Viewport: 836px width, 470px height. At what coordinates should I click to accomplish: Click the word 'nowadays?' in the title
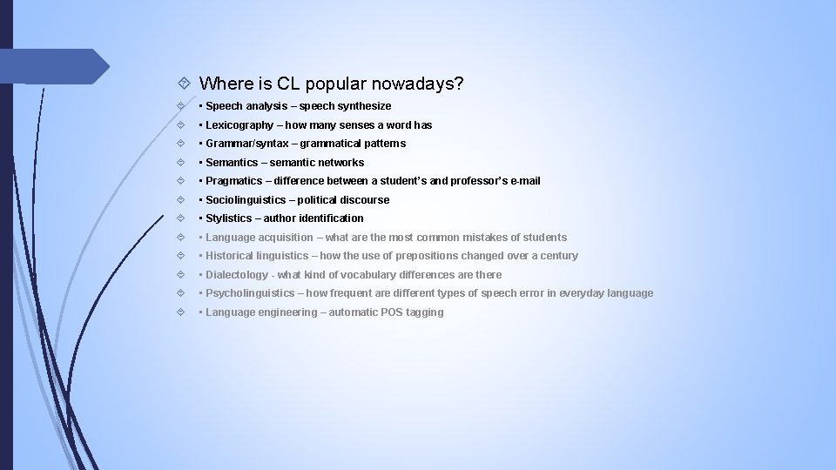pos(418,84)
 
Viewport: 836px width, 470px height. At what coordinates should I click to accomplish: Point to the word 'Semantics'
pos(232,163)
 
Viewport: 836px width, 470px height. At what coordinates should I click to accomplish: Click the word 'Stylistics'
pos(228,218)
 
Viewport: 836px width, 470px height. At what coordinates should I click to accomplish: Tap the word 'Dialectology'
pos(238,275)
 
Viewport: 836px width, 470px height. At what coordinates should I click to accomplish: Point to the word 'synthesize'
pos(365,106)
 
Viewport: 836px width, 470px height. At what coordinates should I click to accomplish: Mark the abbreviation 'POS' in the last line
pos(393,312)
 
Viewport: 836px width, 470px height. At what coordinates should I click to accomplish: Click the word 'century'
pos(558,256)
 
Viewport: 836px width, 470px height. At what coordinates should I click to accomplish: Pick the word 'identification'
pos(331,218)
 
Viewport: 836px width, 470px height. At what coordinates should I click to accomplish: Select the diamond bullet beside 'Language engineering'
pos(179,312)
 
